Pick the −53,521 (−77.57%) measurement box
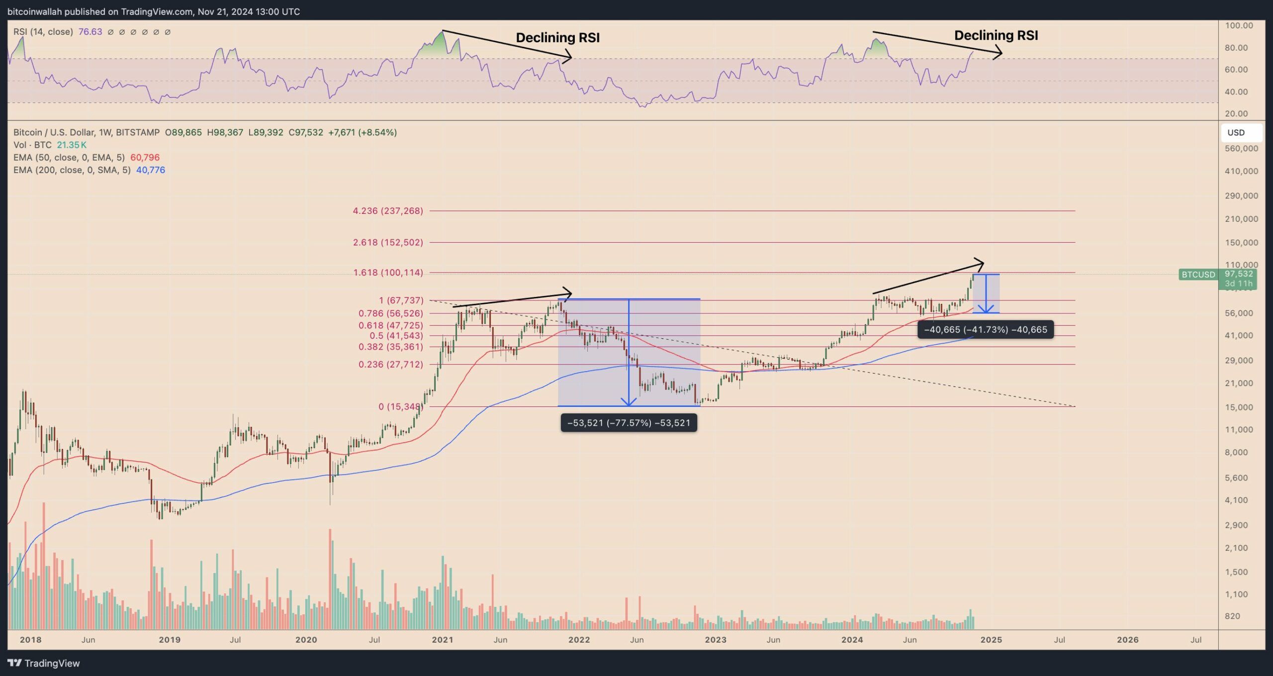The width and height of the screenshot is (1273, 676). click(x=629, y=423)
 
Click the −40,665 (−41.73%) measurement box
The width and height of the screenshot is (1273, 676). click(x=985, y=329)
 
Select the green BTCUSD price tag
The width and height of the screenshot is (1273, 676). click(x=1198, y=275)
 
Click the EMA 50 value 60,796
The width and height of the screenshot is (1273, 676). click(x=145, y=157)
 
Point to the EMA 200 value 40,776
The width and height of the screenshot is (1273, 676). click(x=150, y=170)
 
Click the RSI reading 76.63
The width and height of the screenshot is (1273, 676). click(x=90, y=32)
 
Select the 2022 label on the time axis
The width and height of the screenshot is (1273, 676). click(x=579, y=640)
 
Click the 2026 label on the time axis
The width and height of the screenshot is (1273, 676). click(x=1127, y=640)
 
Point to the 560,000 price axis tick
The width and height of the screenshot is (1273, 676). click(x=1241, y=148)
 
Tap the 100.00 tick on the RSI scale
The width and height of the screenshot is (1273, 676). click(x=1239, y=25)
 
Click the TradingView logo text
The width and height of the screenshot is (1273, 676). click(x=52, y=663)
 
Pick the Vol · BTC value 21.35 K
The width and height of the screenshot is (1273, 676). click(x=72, y=145)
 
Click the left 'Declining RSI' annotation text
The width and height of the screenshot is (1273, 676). click(x=557, y=37)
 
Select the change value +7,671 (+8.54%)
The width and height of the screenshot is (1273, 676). click(x=363, y=132)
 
